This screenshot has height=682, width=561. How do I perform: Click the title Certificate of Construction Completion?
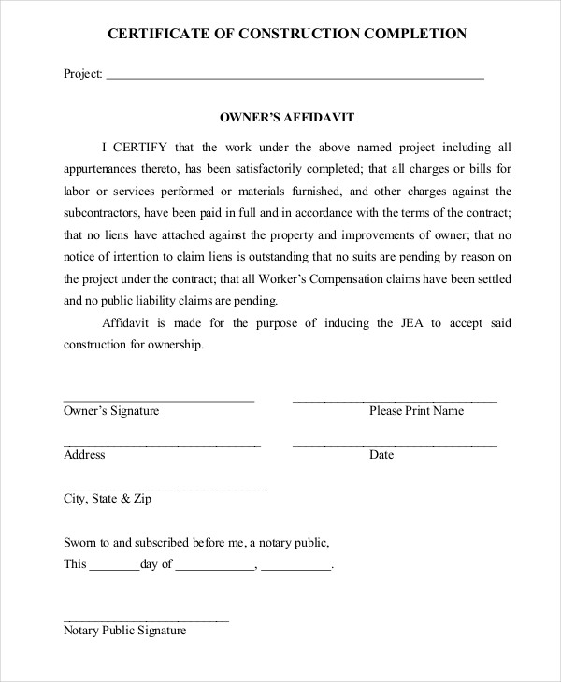coord(287,34)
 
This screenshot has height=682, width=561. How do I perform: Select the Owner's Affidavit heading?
coord(286,119)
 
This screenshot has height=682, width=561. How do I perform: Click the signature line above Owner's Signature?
coord(159,400)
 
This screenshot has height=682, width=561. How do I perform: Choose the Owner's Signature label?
coord(111,411)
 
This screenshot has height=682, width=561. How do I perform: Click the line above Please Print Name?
coord(395,400)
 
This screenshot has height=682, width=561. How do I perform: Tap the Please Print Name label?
coord(416,411)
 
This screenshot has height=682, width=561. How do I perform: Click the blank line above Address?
coord(162,445)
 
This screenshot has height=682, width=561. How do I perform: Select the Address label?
coord(84,456)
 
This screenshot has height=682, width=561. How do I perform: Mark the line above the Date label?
coord(395,445)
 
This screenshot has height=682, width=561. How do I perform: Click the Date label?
coord(381,456)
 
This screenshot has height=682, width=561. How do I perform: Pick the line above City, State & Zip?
coord(165,489)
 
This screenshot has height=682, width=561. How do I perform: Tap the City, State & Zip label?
coord(107,500)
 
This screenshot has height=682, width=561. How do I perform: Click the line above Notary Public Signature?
coord(146,619)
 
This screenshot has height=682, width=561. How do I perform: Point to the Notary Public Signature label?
coord(124,631)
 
